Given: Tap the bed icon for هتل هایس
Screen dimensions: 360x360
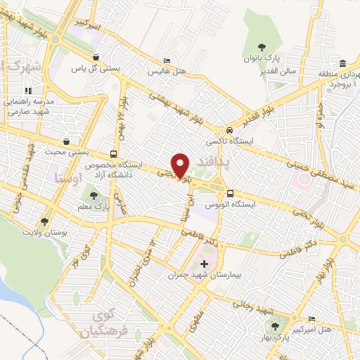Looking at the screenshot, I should click(x=166, y=60).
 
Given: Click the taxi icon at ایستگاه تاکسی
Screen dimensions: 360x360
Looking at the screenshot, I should click(x=229, y=131).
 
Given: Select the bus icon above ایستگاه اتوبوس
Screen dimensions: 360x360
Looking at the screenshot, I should click(x=230, y=193).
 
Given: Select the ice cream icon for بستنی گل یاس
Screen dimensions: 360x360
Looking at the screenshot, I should click(x=96, y=58).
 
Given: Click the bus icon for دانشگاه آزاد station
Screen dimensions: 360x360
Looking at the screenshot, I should click(x=114, y=155).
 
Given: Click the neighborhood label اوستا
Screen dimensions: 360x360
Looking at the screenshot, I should click(x=68, y=178).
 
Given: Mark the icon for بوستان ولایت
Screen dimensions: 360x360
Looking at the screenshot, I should click(x=46, y=221).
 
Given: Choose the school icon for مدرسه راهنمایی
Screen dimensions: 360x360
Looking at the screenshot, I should click(x=29, y=91).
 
